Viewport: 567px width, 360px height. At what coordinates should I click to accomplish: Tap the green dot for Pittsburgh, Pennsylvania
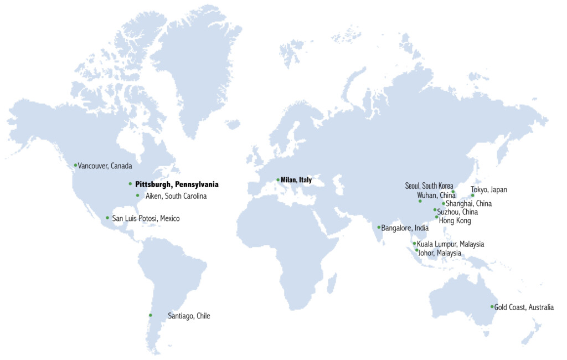pos(130,184)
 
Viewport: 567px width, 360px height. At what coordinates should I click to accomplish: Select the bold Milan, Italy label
pos(296,180)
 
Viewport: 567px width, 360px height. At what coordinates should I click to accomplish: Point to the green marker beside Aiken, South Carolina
pos(137,196)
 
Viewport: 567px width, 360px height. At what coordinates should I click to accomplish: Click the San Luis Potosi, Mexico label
pos(146,219)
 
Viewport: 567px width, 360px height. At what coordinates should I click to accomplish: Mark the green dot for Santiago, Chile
pos(150,316)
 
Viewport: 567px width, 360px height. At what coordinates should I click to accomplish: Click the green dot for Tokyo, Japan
pos(472,196)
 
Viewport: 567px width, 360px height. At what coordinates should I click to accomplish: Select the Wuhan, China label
pos(436,196)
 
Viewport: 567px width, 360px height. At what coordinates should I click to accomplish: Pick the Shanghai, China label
pos(468,204)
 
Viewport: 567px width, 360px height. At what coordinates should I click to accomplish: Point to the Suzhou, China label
pos(457,212)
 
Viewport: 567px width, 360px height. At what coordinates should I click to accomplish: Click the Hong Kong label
pos(455,221)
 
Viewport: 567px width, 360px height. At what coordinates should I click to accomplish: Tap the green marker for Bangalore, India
pos(379,227)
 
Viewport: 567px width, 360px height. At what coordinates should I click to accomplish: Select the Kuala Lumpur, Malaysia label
pos(450,244)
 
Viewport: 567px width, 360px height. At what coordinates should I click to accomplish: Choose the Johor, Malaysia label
pos(440,253)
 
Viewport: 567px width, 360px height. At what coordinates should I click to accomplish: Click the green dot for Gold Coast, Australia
pos(492,307)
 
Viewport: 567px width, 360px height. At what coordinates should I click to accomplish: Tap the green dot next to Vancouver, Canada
pos(75,165)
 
